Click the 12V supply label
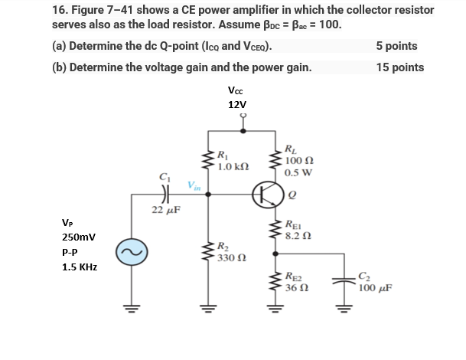click(238, 104)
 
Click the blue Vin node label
click(194, 185)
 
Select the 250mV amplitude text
click(78, 237)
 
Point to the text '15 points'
click(399, 67)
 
